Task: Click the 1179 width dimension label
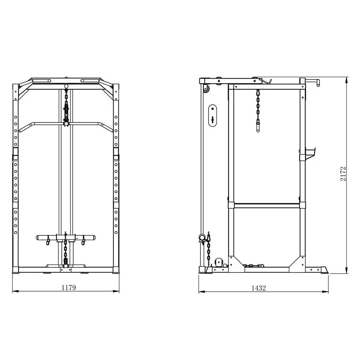click(x=68, y=287)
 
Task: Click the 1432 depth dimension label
click(x=258, y=288)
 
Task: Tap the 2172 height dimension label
click(x=343, y=174)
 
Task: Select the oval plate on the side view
click(x=213, y=116)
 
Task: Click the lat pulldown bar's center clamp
click(x=66, y=124)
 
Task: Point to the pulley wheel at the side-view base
click(x=219, y=262)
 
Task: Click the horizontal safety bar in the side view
click(x=267, y=205)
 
